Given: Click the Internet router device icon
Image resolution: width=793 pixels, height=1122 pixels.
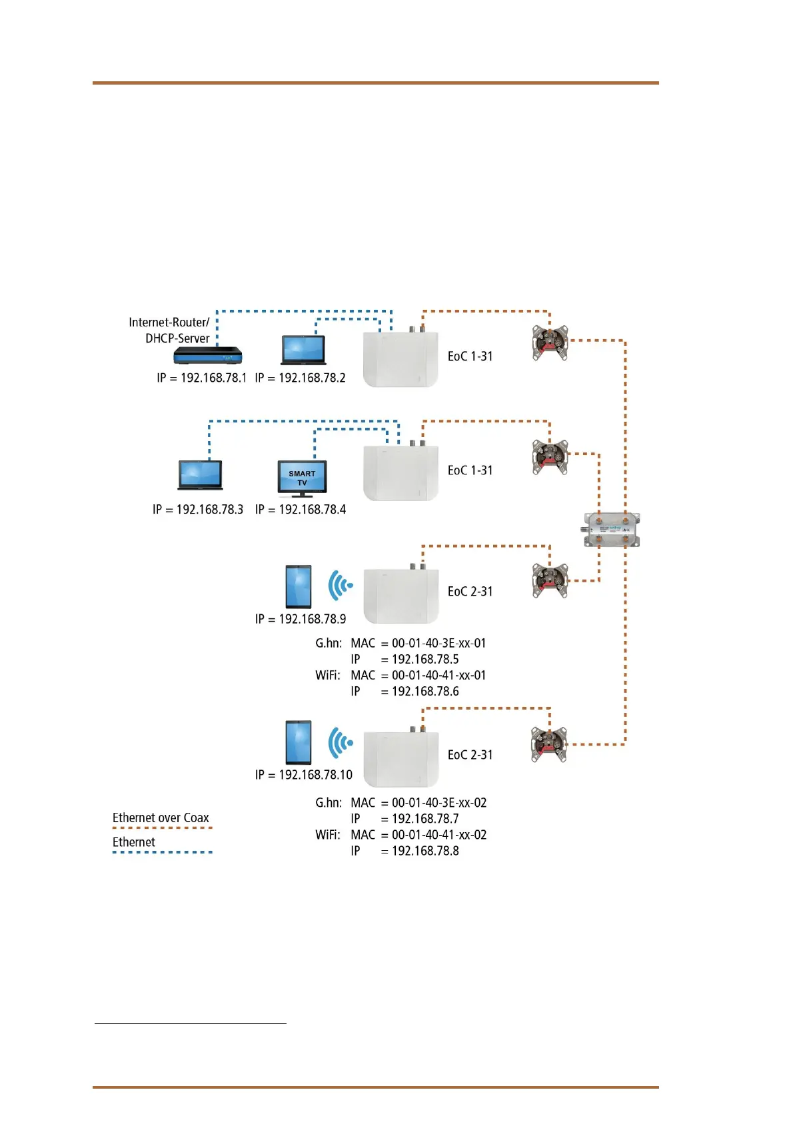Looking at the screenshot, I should click(207, 356).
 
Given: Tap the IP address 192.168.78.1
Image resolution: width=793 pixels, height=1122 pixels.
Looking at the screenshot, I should click(201, 378).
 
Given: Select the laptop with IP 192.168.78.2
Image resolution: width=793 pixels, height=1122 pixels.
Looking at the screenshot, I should click(303, 350).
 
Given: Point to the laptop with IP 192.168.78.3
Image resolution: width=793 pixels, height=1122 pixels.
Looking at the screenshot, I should click(200, 475).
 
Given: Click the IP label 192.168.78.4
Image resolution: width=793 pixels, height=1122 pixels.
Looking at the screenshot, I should click(301, 510).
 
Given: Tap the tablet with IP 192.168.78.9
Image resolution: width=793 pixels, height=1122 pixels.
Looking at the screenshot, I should click(298, 587).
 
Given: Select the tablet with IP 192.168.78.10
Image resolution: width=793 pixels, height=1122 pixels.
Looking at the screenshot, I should click(298, 742).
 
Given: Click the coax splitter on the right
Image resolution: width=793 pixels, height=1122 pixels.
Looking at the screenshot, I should click(612, 530).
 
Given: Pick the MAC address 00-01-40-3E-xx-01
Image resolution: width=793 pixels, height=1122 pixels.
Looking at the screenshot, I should click(438, 644).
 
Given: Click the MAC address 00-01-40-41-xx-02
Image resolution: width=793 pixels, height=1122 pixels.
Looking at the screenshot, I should click(438, 835).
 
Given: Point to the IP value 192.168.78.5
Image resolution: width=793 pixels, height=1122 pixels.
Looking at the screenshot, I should click(425, 660).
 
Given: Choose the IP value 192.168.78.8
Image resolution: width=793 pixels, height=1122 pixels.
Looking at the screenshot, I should click(425, 851).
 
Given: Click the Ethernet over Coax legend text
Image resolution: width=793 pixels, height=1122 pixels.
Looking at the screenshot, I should click(161, 818).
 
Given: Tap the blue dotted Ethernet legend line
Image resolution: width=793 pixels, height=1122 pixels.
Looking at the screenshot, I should click(162, 852).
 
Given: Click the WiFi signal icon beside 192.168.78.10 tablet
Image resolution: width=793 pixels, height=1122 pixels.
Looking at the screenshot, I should click(340, 742).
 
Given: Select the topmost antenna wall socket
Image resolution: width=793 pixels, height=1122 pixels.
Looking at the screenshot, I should click(550, 342).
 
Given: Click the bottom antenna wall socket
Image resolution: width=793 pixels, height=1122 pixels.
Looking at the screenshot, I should click(549, 744).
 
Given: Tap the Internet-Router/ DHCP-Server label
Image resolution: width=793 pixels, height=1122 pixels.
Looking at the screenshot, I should click(170, 330).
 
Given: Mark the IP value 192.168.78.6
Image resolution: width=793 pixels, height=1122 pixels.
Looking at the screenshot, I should click(425, 692).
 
